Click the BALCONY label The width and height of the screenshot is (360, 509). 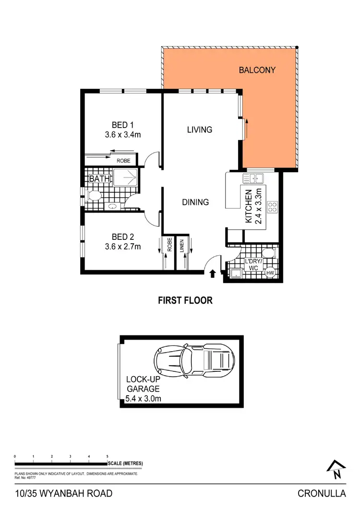point(257,70)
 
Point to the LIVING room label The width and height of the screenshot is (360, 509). point(200,130)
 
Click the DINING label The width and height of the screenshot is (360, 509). point(195,202)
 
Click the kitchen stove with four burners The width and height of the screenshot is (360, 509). point(272,207)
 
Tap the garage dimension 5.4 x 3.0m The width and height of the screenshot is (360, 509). point(149,398)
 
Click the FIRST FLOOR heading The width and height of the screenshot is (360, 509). point(185,301)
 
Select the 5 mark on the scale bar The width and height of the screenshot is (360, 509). point(107,457)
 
